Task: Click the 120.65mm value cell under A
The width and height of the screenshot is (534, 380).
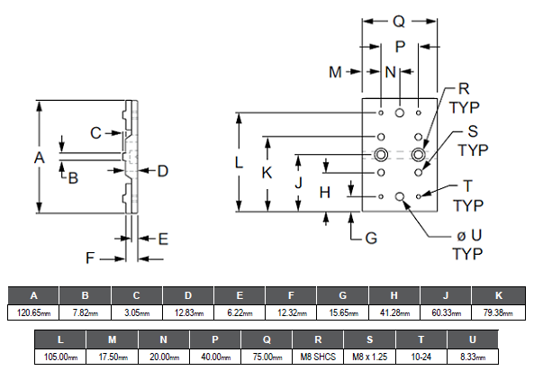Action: tap(33, 312)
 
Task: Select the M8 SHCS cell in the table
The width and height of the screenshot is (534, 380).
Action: tap(318, 357)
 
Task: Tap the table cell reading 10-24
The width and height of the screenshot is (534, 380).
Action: tap(421, 357)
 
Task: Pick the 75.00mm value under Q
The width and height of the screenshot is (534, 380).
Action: tap(267, 357)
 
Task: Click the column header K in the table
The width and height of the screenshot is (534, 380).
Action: tap(499, 295)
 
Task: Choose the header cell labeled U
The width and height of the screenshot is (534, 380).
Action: tap(473, 339)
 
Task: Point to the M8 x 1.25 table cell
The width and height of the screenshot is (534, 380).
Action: tap(369, 357)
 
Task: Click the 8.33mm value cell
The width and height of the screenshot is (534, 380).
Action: tap(473, 357)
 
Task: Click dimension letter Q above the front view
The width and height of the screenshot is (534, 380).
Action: tap(399, 22)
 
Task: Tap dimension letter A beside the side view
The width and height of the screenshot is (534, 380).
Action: tap(39, 158)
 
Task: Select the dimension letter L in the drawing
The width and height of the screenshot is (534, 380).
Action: tap(239, 162)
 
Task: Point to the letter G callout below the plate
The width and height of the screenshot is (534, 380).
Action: tap(371, 238)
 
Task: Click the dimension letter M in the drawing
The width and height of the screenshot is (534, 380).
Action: tap(335, 72)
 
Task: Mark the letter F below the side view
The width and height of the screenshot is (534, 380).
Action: tap(89, 258)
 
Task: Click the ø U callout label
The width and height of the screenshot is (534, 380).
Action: tap(469, 235)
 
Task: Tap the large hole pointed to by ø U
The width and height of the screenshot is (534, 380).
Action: tap(400, 196)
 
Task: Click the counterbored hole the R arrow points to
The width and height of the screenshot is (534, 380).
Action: tap(418, 155)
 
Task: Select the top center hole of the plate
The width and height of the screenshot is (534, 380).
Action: tap(400, 113)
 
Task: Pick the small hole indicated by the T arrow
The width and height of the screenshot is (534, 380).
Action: tap(419, 196)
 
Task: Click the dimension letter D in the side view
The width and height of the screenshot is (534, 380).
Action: tap(163, 171)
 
